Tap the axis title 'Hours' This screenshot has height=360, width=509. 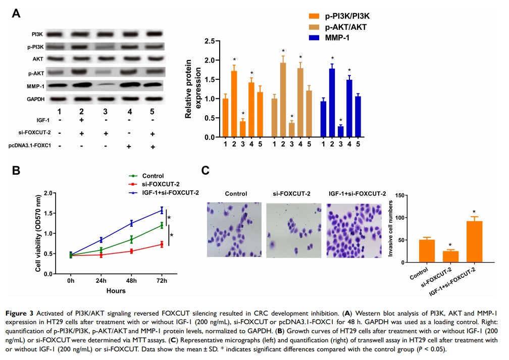[x=116, y=291]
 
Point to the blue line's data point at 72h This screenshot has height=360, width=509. [x=162, y=210]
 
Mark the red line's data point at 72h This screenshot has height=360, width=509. [x=162, y=244]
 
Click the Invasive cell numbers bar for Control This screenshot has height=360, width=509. [x=427, y=251]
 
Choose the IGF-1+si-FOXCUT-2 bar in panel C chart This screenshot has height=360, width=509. [x=474, y=242]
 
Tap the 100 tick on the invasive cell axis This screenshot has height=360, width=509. [x=404, y=218]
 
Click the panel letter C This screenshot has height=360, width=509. [x=205, y=170]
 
